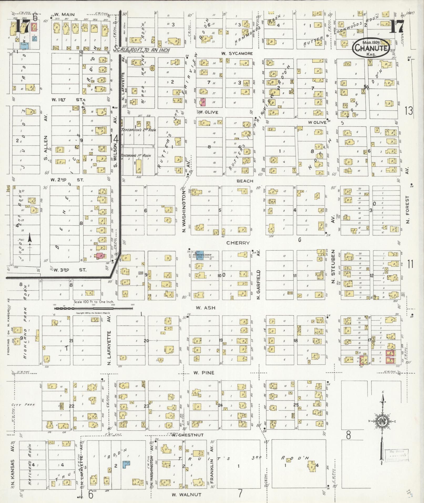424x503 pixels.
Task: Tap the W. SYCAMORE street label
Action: [x=237, y=53]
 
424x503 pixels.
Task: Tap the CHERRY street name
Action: [x=238, y=243]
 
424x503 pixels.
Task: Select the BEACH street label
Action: [x=245, y=181]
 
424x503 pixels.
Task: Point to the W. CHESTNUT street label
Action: [x=188, y=435]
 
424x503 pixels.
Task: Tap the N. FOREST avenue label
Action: [x=408, y=210]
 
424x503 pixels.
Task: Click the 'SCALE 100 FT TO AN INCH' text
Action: [x=141, y=50]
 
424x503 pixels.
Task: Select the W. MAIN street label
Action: [x=64, y=14]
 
